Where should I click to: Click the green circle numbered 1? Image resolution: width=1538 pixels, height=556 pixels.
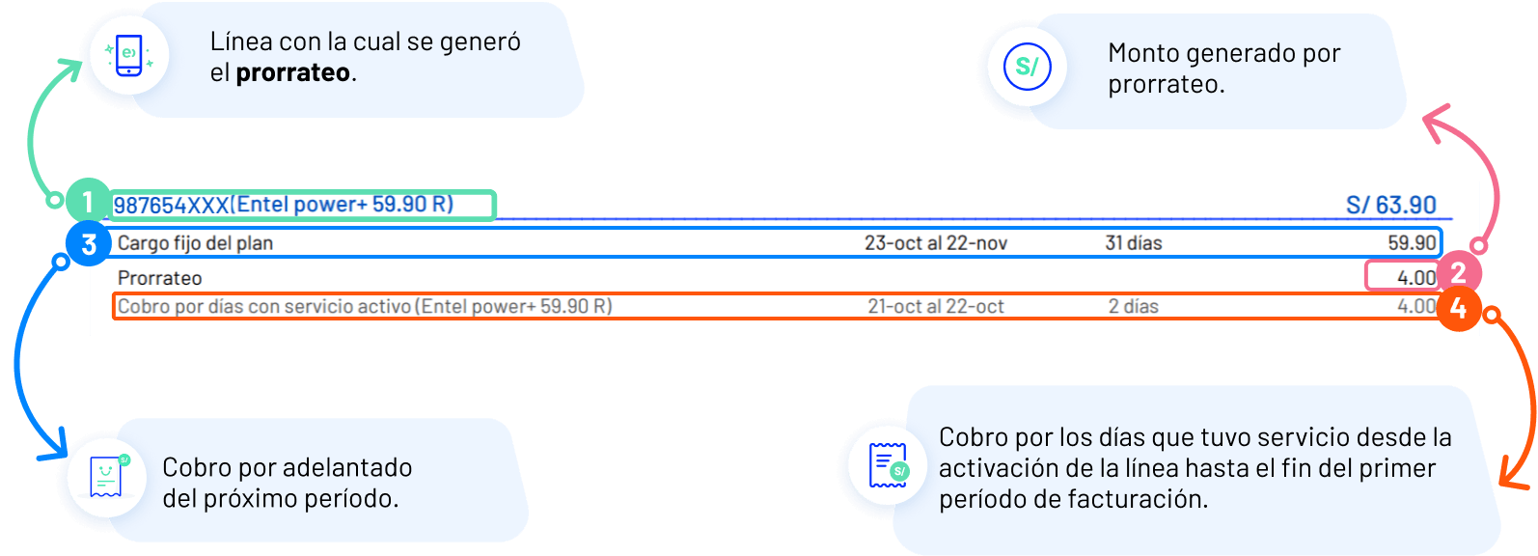[x=88, y=202]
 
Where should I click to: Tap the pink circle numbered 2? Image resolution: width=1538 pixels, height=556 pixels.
[x=1458, y=274]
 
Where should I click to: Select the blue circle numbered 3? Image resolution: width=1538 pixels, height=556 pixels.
[x=89, y=243]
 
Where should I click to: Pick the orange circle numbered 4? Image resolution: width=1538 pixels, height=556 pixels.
[x=1458, y=309]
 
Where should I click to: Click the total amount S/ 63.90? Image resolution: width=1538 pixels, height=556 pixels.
[x=1390, y=206]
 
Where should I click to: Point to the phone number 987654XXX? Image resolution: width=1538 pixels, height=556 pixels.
[x=171, y=206]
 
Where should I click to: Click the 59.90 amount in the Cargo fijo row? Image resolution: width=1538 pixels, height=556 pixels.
[x=1412, y=243]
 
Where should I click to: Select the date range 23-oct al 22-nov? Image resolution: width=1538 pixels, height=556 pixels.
[x=935, y=243]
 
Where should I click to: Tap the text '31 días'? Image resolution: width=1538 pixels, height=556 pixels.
[x=1133, y=243]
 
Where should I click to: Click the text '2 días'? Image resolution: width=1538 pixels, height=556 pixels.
[x=1133, y=307]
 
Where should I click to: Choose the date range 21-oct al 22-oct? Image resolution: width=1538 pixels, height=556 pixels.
[x=935, y=307]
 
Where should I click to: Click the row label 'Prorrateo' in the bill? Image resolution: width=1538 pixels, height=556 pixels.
[x=159, y=278]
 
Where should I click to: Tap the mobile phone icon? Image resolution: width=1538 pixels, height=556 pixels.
[x=128, y=55]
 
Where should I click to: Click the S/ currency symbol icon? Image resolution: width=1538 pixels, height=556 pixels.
[x=1027, y=67]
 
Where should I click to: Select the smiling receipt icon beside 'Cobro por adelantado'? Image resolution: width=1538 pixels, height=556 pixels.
[x=106, y=476]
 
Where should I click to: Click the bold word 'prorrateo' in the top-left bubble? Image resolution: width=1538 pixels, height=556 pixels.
[x=292, y=72]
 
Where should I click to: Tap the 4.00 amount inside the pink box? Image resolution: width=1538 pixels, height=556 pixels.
[x=1415, y=278]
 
